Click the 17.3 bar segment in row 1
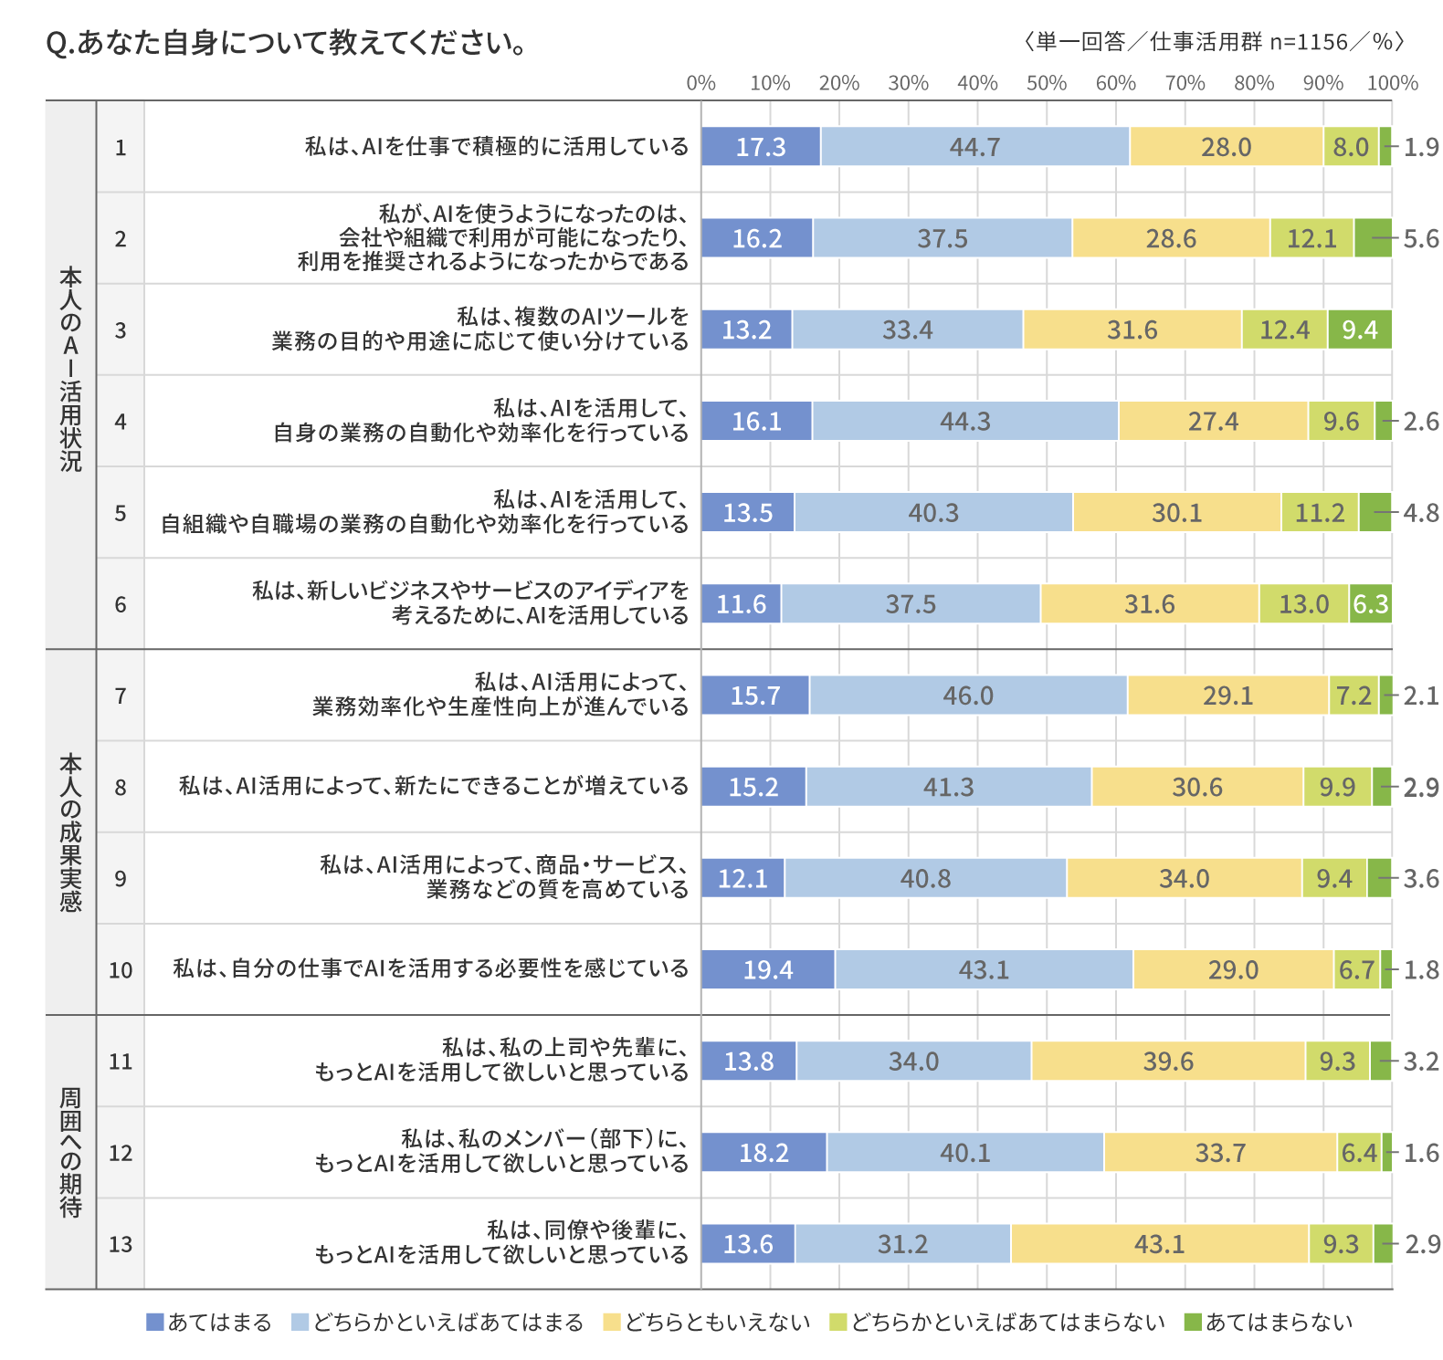(x=761, y=147)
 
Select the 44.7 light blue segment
(x=974, y=147)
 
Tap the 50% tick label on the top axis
(x=1046, y=83)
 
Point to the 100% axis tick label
(x=1392, y=83)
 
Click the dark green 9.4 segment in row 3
(x=1360, y=330)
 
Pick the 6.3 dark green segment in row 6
(x=1370, y=604)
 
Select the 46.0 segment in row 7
(x=967, y=696)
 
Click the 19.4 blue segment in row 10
(x=767, y=969)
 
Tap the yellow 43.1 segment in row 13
(x=1159, y=1244)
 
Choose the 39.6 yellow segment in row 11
(x=1168, y=1062)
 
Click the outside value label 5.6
(x=1421, y=239)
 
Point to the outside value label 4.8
(x=1421, y=513)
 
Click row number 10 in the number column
(x=121, y=970)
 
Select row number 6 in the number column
(x=121, y=604)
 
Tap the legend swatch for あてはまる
(x=155, y=1323)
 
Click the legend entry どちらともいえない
(x=717, y=1323)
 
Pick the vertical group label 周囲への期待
(x=70, y=1153)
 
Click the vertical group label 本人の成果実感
(x=70, y=832)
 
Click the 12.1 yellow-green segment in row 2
(x=1311, y=239)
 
